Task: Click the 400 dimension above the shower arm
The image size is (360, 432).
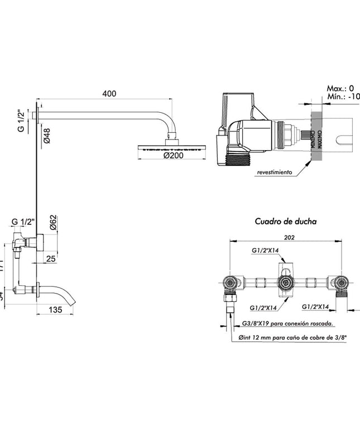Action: pos(109,94)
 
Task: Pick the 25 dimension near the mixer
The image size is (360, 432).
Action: pos(51,259)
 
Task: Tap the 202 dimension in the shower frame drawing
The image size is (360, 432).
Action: pos(289,237)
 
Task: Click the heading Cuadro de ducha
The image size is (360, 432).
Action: pos(286,221)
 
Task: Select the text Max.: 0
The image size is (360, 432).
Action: pos(340,88)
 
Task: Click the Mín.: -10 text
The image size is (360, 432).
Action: pos(342,97)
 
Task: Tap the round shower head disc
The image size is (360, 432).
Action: pos(171,147)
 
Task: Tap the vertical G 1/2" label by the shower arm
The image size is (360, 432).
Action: pos(21,121)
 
